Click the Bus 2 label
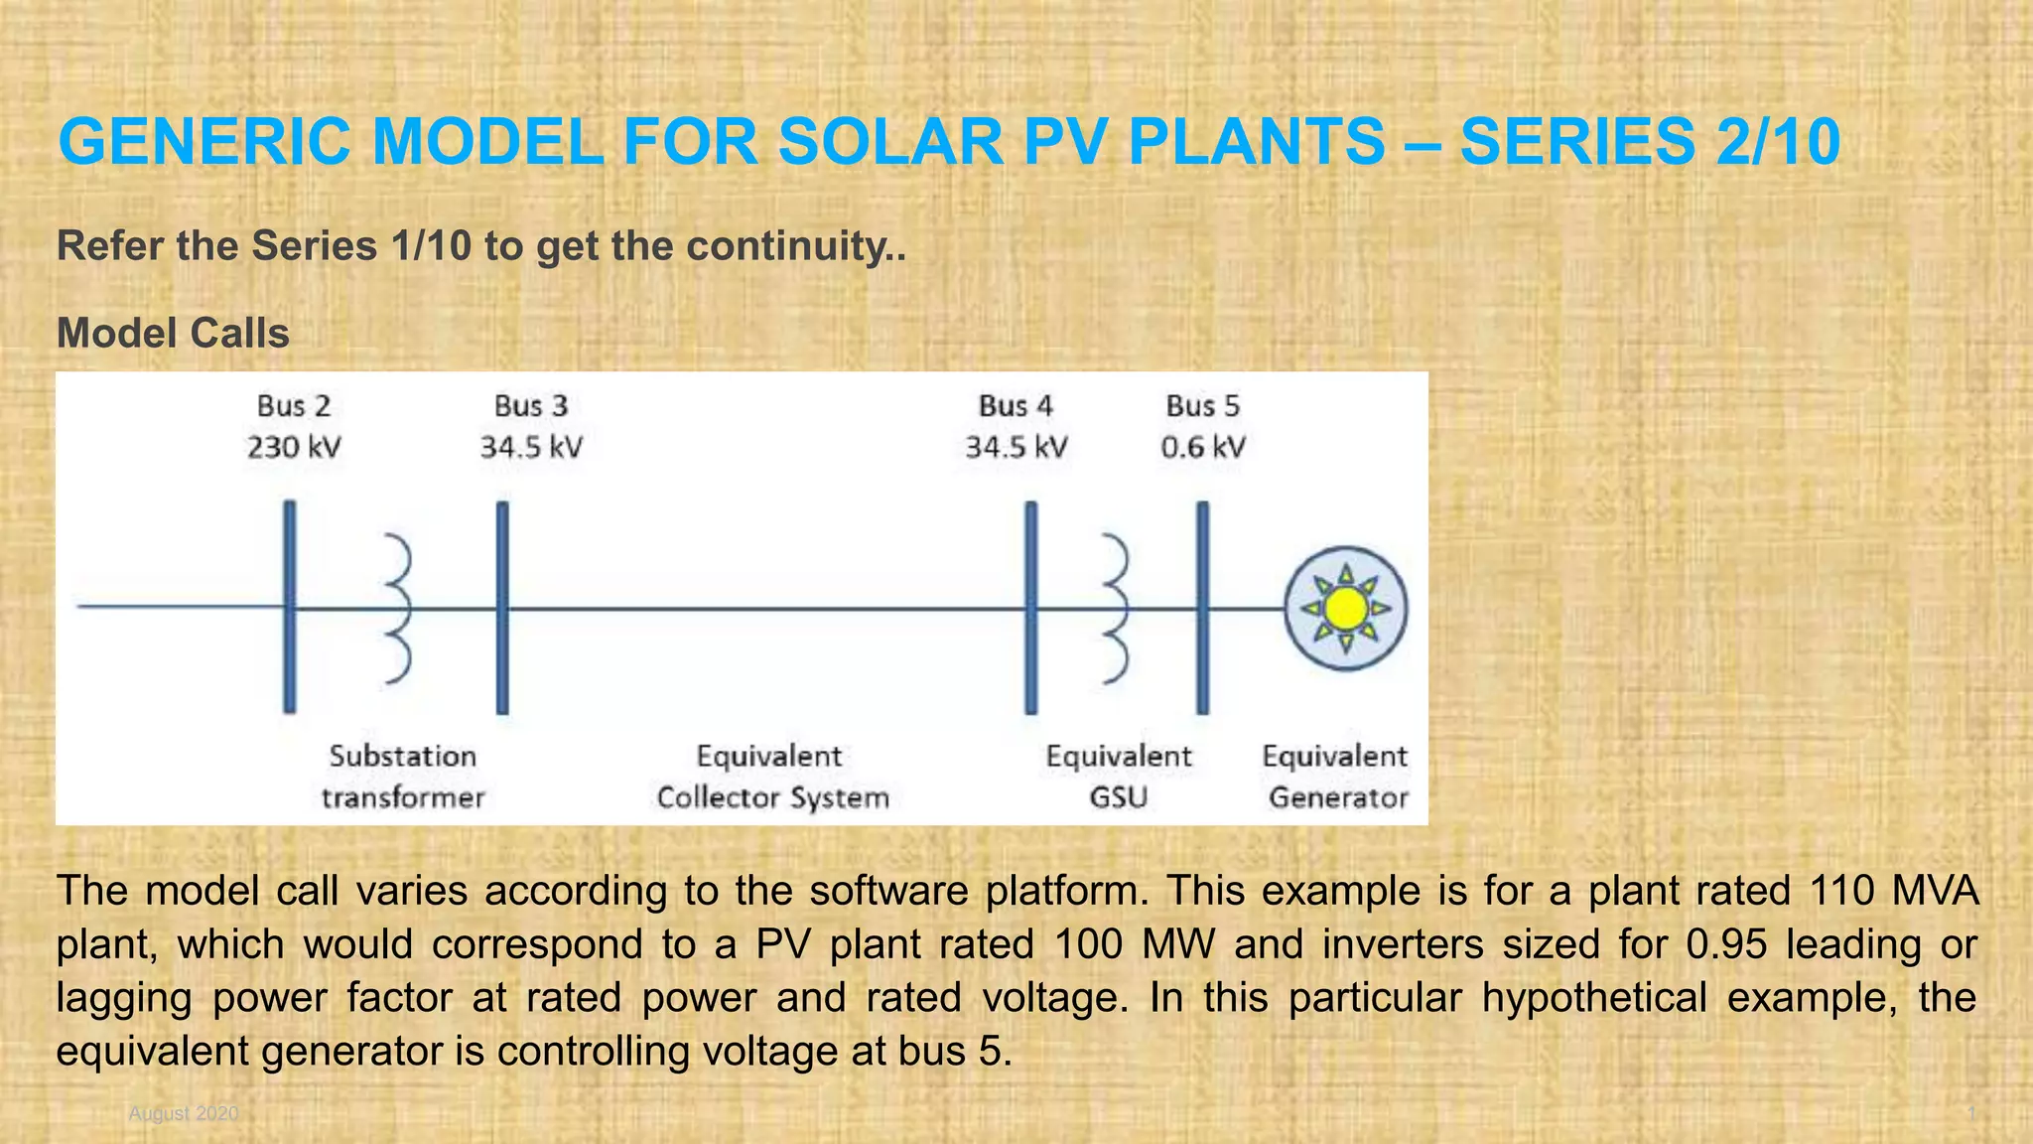(294, 406)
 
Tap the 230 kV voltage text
(294, 447)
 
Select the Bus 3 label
(531, 406)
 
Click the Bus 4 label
(1016, 406)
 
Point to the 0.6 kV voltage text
(1203, 447)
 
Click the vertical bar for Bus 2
(289, 607)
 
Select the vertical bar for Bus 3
(502, 607)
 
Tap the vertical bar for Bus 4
(1031, 607)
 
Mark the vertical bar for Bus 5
(1203, 607)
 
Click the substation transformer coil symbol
(399, 607)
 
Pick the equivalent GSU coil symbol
(1117, 607)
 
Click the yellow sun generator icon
(1346, 609)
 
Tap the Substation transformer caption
(403, 777)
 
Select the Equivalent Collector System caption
(771, 777)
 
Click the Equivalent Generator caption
(1336, 777)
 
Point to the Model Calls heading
(173, 334)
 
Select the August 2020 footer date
(184, 1113)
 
